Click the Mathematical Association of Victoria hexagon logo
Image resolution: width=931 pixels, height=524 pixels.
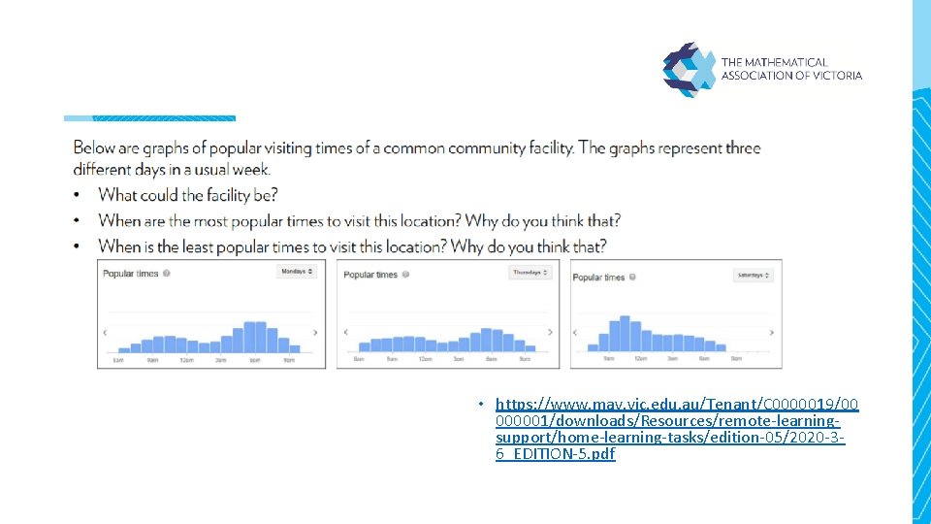tap(688, 68)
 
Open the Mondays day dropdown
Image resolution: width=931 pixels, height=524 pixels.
tap(298, 272)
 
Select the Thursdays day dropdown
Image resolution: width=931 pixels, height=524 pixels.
tap(530, 273)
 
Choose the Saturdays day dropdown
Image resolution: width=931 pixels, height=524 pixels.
tap(754, 276)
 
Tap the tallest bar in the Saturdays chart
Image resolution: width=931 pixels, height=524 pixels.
tap(625, 333)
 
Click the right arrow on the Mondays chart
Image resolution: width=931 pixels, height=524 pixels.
tap(315, 332)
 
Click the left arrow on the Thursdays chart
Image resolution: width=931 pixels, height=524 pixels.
tap(346, 332)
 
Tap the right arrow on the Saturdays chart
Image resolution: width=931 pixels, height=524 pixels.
tap(772, 333)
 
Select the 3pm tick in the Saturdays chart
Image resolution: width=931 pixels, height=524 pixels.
tap(672, 359)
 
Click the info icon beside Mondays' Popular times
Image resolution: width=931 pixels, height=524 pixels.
tap(167, 274)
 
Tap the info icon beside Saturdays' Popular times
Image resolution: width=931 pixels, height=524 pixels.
tap(632, 278)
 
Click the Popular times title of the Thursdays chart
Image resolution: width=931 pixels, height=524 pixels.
tap(370, 275)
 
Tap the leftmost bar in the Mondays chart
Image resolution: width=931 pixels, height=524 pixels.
tap(123, 349)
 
